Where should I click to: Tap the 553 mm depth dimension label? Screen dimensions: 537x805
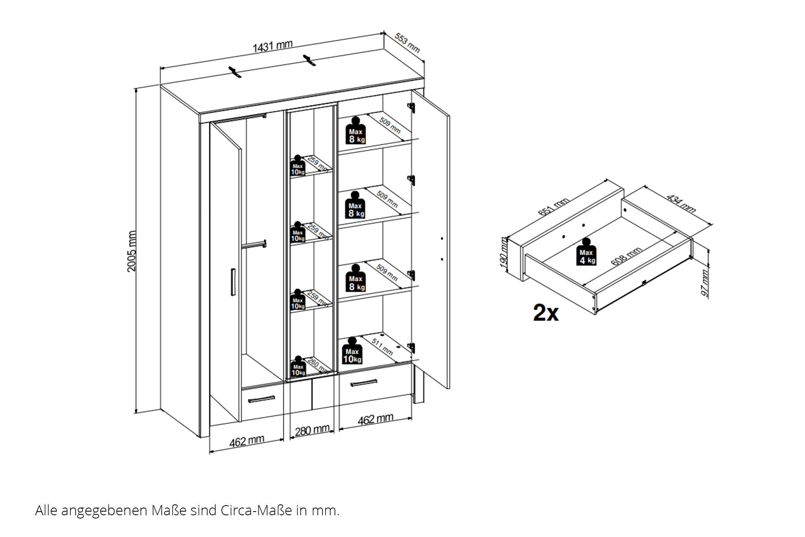pyautogui.click(x=407, y=43)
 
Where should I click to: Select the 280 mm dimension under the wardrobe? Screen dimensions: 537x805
pyautogui.click(x=312, y=430)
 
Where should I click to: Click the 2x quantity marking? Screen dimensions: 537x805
pyautogui.click(x=546, y=313)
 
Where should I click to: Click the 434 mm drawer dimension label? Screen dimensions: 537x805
pyautogui.click(x=681, y=203)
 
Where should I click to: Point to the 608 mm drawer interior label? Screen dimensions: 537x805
pyautogui.click(x=626, y=256)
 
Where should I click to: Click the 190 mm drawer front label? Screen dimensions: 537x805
pyautogui.click(x=504, y=254)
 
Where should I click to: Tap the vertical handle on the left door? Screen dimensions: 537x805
pyautogui.click(x=233, y=282)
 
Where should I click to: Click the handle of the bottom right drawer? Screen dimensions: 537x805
pyautogui.click(x=363, y=382)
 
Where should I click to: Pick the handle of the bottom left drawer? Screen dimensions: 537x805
pyautogui.click(x=261, y=399)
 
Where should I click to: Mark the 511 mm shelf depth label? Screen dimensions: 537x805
pyautogui.click(x=382, y=346)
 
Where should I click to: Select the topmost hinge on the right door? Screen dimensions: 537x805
pyautogui.click(x=411, y=107)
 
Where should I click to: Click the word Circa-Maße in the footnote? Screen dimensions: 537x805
pyautogui.click(x=256, y=510)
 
